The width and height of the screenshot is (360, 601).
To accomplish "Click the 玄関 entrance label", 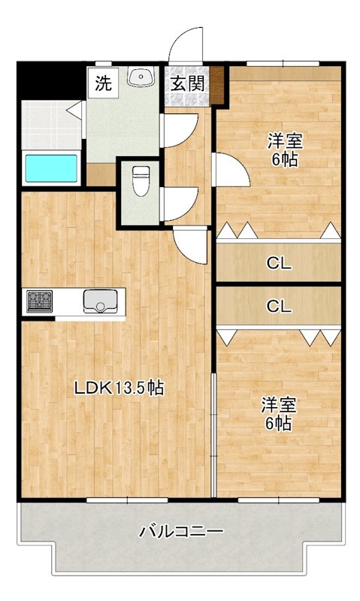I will tap(187, 83).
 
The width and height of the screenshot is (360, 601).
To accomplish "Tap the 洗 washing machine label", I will tap(103, 83).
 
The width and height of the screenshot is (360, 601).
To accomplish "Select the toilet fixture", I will tap(140, 180).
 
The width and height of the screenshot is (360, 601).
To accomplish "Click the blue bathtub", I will tap(51, 168).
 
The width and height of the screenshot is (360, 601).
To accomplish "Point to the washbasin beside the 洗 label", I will tap(141, 77).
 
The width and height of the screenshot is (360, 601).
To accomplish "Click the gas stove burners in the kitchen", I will tap(38, 301).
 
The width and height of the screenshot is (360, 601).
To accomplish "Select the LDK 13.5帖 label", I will tap(119, 388).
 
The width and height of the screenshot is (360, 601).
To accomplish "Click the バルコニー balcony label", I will tap(181, 532).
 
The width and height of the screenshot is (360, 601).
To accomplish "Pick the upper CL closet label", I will tap(279, 264).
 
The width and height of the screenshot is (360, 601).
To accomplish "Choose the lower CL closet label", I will tap(279, 306).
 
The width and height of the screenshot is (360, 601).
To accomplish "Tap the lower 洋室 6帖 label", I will tap(278, 414).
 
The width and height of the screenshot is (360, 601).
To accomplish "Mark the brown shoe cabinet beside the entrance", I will tap(218, 85).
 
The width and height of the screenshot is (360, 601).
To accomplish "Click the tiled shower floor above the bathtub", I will tap(47, 123).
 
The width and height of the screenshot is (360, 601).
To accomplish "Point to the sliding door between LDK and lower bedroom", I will tap(213, 436).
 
